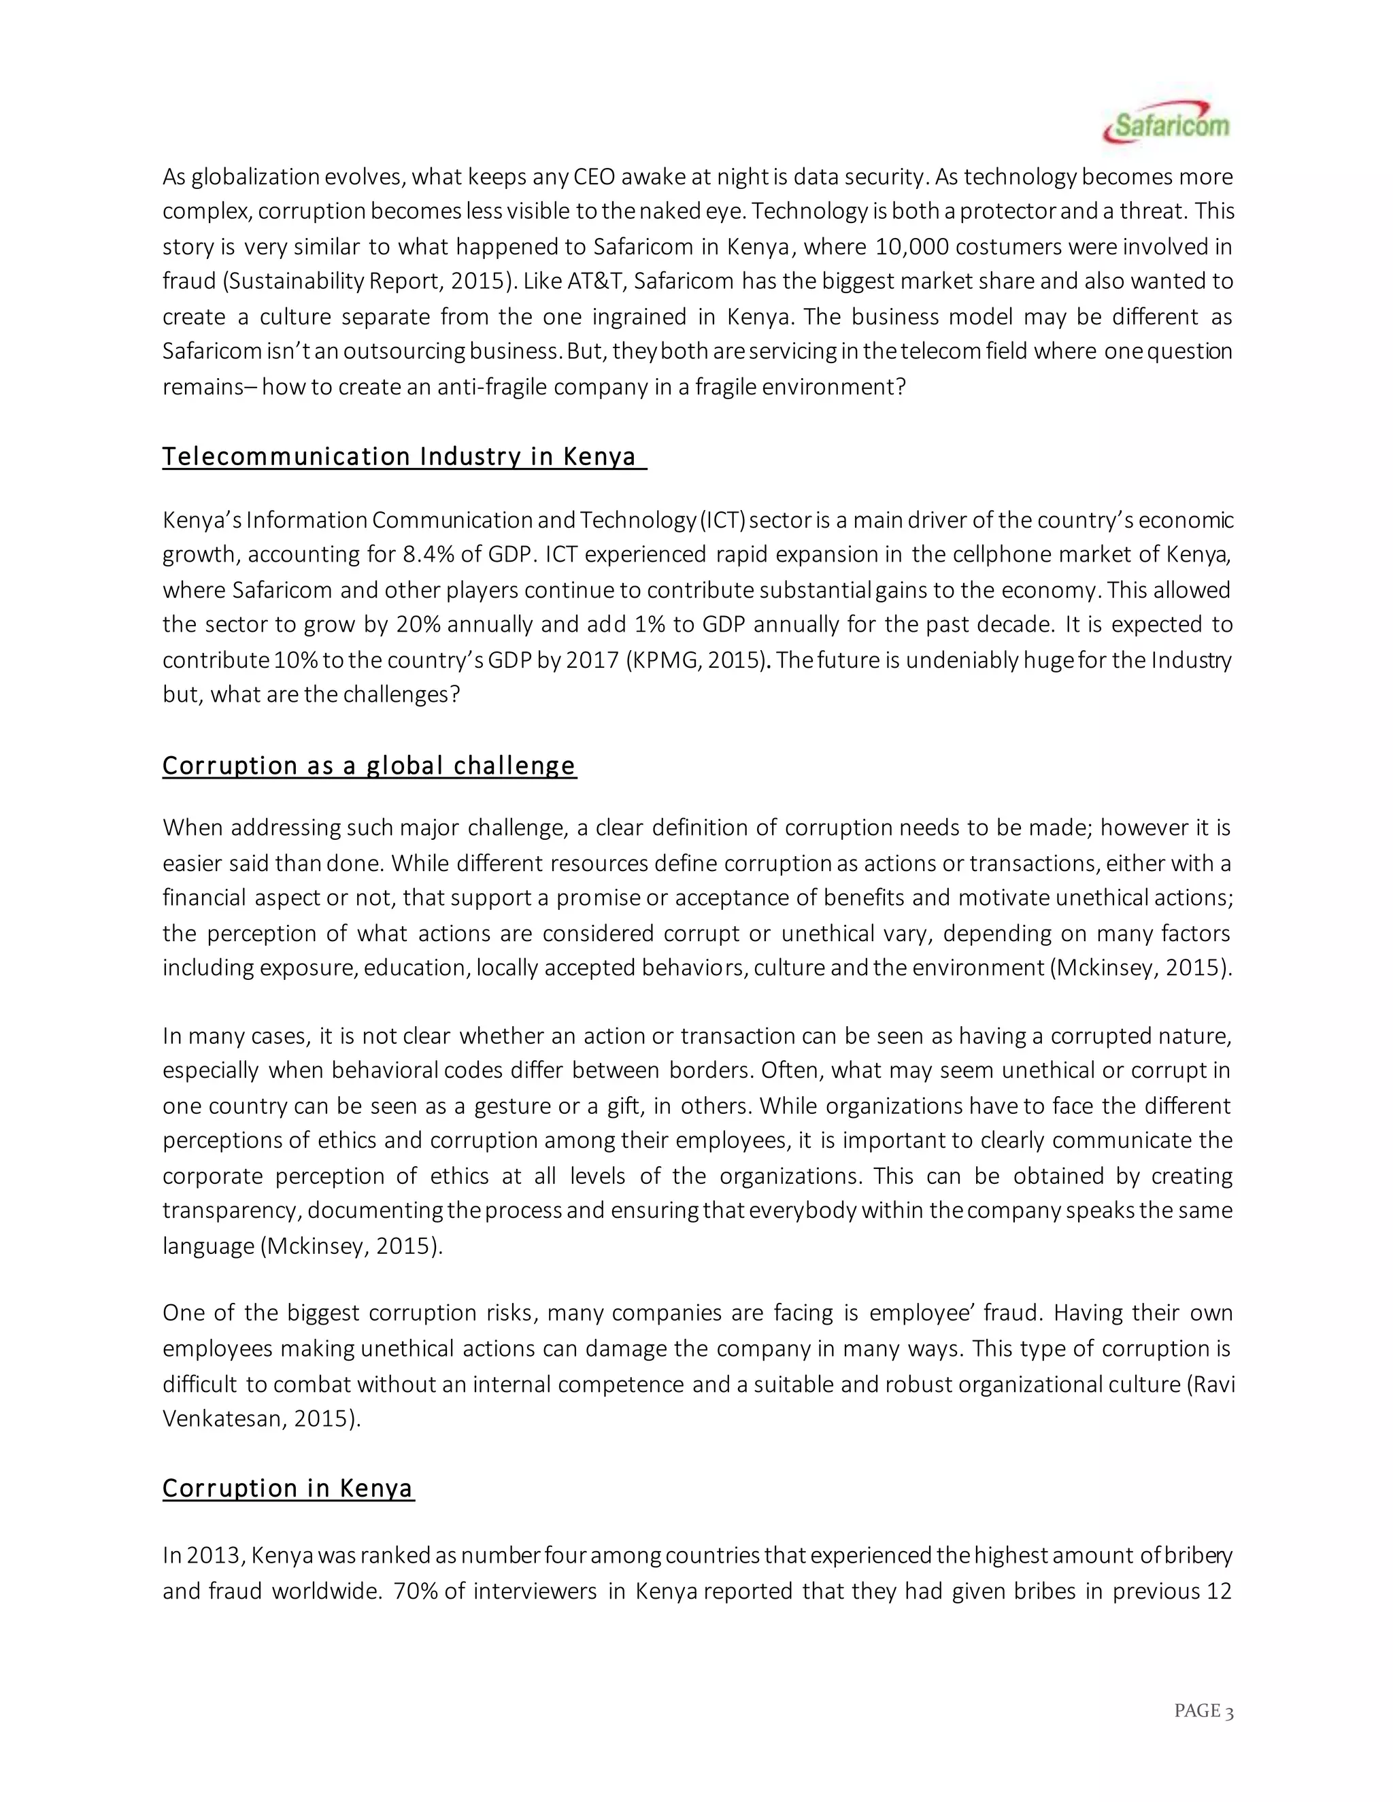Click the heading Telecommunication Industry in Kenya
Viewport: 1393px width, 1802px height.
click(399, 456)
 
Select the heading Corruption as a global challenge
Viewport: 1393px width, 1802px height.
click(369, 766)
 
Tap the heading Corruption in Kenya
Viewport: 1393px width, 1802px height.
click(287, 1488)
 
